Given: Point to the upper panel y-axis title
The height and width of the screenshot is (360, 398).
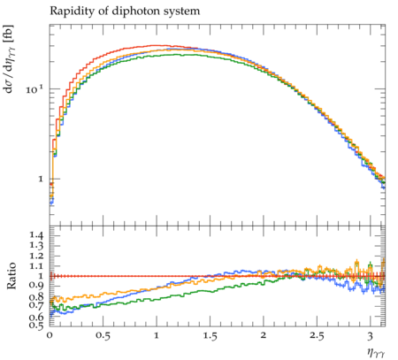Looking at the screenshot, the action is coord(9,59).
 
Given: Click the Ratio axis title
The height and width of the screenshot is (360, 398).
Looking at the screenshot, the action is coord(11,276).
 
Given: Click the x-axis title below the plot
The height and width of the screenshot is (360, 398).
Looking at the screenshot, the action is coord(376,352).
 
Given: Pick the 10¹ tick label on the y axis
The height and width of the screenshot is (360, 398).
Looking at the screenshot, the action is coord(34,88).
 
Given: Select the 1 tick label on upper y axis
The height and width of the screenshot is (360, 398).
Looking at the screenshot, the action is coord(41,179).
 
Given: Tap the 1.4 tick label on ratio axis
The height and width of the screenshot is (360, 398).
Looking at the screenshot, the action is coord(36,235).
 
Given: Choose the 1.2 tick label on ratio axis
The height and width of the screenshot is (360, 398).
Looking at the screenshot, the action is coord(36,256).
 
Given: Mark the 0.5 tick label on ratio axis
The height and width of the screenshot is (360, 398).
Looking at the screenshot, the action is coord(36,326).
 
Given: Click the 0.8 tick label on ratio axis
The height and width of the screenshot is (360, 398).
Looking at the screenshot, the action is coord(36,296).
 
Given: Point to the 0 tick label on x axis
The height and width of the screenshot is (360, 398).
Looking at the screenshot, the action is coord(50,335).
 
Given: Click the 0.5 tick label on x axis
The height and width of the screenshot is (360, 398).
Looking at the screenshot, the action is coord(103,335).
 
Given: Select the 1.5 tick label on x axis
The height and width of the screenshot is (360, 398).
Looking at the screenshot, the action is coord(210,335).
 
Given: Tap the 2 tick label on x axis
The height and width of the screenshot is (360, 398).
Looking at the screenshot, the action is coord(264,335).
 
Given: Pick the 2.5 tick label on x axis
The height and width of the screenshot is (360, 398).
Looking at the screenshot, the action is coord(317,335).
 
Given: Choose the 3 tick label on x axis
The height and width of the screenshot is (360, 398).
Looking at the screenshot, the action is coord(371,335).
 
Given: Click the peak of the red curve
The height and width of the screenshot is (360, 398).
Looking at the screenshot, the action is coord(157,45).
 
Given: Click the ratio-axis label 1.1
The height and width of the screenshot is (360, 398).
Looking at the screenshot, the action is coord(36,265).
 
